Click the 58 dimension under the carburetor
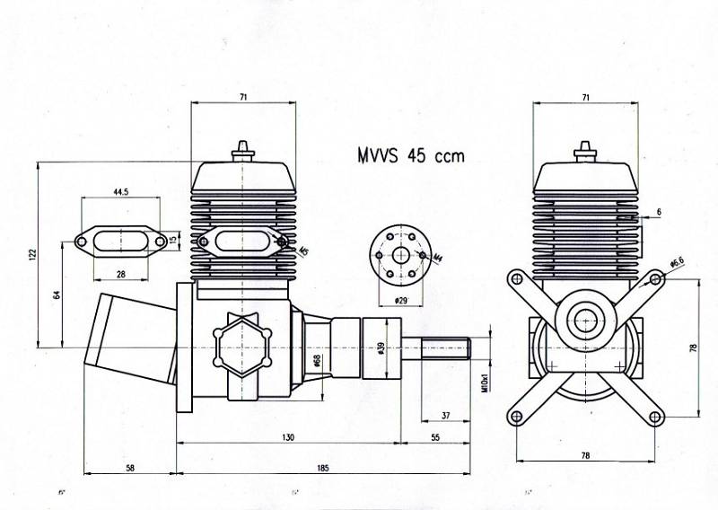130,467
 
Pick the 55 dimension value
436,437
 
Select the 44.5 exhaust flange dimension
121,192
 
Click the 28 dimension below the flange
120,273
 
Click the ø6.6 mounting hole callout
678,262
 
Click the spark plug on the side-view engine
242,150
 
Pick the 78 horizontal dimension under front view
585,455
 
